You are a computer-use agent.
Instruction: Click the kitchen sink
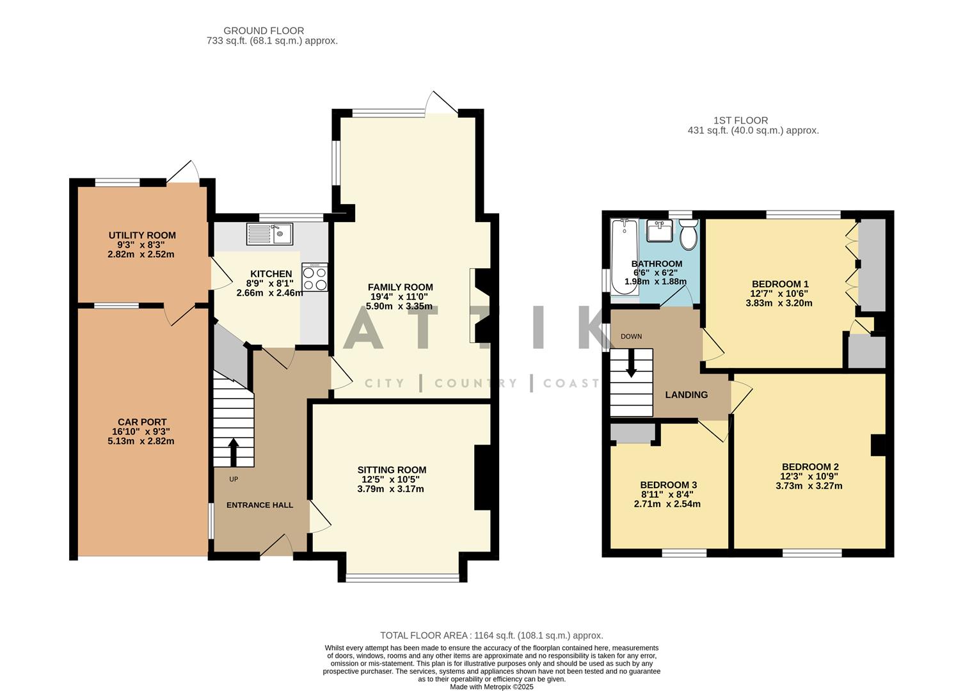point(269,234)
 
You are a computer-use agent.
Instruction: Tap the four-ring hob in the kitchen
point(315,277)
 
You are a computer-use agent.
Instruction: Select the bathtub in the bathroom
point(624,257)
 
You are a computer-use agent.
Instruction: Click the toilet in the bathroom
point(688,235)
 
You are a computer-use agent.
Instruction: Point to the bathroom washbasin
point(659,230)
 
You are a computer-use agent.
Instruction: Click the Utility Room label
point(142,235)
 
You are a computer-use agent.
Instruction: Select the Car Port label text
point(142,422)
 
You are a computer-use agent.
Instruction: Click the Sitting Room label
point(392,470)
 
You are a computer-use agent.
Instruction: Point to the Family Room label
point(400,287)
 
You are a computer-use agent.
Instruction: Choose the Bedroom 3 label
point(668,486)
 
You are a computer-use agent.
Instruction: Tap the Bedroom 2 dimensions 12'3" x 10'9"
point(809,477)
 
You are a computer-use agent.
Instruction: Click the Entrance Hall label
point(260,505)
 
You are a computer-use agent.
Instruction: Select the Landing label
point(686,395)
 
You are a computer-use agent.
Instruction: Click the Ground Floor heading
point(264,31)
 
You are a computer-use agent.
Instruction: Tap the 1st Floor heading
point(740,120)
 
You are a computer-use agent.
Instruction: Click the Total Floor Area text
point(491,635)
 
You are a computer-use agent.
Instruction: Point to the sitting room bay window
point(402,578)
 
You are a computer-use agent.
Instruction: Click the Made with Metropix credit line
point(491,687)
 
